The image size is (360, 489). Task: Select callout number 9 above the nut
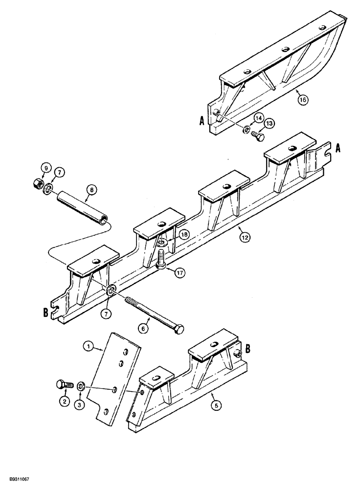coord(45,169)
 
